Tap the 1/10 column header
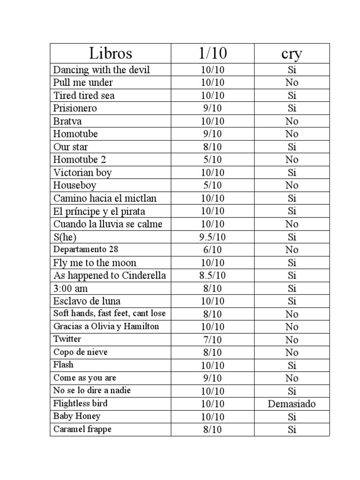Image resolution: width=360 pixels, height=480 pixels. coord(212,53)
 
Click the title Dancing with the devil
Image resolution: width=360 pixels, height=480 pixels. coord(102,70)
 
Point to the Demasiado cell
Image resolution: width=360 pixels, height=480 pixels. coord(292,404)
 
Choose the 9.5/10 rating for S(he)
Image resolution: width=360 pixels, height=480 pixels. coord(212,237)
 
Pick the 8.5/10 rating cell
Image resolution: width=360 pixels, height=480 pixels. coord(212,275)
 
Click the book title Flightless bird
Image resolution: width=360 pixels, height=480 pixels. coord(80,403)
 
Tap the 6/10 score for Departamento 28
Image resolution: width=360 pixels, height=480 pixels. coord(212,249)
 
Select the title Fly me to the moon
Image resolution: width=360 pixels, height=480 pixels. coord(95,262)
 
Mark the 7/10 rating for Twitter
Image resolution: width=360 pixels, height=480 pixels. coord(212,339)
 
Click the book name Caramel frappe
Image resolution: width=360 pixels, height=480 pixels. coord(82,429)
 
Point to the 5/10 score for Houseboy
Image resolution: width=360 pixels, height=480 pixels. coord(212,185)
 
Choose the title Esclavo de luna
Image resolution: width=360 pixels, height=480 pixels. coord(87,301)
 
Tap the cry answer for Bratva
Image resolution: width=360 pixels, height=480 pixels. coord(292,121)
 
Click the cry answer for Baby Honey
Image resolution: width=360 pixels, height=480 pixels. coord(292,416)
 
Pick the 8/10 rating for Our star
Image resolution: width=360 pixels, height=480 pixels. coord(212,147)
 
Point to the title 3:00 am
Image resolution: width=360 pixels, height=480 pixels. coord(70,288)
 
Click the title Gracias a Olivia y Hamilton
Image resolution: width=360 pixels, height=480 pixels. coord(106,326)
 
